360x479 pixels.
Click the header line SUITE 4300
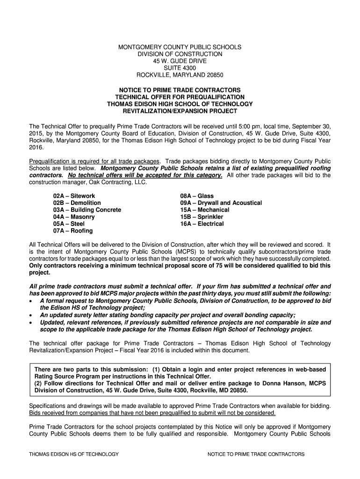click(180, 68)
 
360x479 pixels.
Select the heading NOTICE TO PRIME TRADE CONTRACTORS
click(180, 90)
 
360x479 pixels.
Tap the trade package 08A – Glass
click(197, 196)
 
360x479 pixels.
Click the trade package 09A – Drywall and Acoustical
click(221, 203)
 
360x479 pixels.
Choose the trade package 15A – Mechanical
click(205, 210)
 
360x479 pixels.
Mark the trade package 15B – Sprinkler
click(202, 217)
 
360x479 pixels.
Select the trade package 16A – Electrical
click(202, 224)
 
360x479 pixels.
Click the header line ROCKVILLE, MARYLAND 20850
click(180, 75)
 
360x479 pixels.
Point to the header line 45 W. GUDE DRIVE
click(180, 61)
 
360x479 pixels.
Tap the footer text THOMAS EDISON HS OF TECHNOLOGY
click(74, 454)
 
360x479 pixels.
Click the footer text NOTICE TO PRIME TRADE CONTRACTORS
click(256, 454)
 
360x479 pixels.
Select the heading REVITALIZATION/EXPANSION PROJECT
click(180, 111)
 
